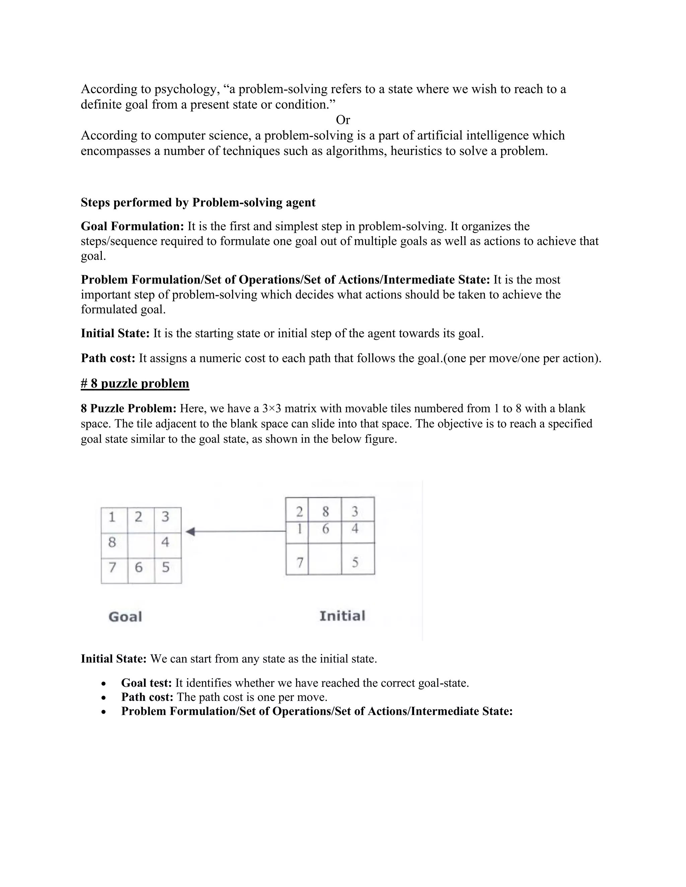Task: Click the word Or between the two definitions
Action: (343, 120)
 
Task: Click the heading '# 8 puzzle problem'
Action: (135, 383)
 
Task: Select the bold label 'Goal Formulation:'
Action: (133, 226)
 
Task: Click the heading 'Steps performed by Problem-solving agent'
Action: (198, 202)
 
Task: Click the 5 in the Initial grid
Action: (355, 562)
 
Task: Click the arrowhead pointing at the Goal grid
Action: (190, 531)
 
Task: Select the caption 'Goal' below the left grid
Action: (125, 617)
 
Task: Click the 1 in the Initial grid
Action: (299, 529)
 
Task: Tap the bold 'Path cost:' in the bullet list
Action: (147, 697)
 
